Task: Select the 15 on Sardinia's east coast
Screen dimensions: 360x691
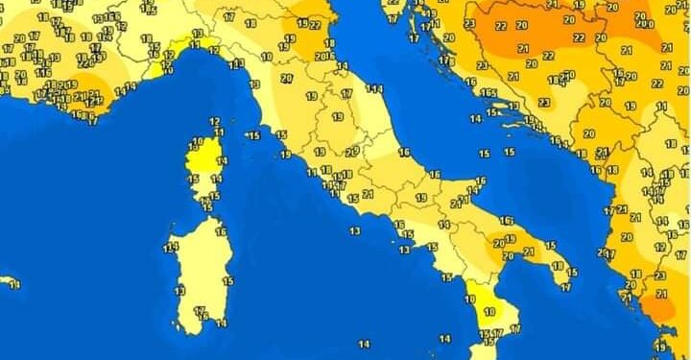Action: coord(227,280)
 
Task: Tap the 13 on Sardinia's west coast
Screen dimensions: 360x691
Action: coord(179,290)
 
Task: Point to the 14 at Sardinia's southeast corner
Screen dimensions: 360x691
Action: coord(222,324)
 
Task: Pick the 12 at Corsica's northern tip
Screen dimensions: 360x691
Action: coord(214,121)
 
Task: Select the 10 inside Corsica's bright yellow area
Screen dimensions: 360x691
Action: coord(198,142)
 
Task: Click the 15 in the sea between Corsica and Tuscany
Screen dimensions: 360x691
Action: coord(254,135)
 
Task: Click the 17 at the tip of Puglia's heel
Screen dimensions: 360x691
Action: coord(566,286)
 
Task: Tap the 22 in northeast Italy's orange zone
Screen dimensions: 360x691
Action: coord(315,25)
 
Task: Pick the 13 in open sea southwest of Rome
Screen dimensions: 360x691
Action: coord(355,230)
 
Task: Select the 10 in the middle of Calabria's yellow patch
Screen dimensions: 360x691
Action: coord(488,312)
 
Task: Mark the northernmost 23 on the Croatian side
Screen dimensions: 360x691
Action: coord(469,24)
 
